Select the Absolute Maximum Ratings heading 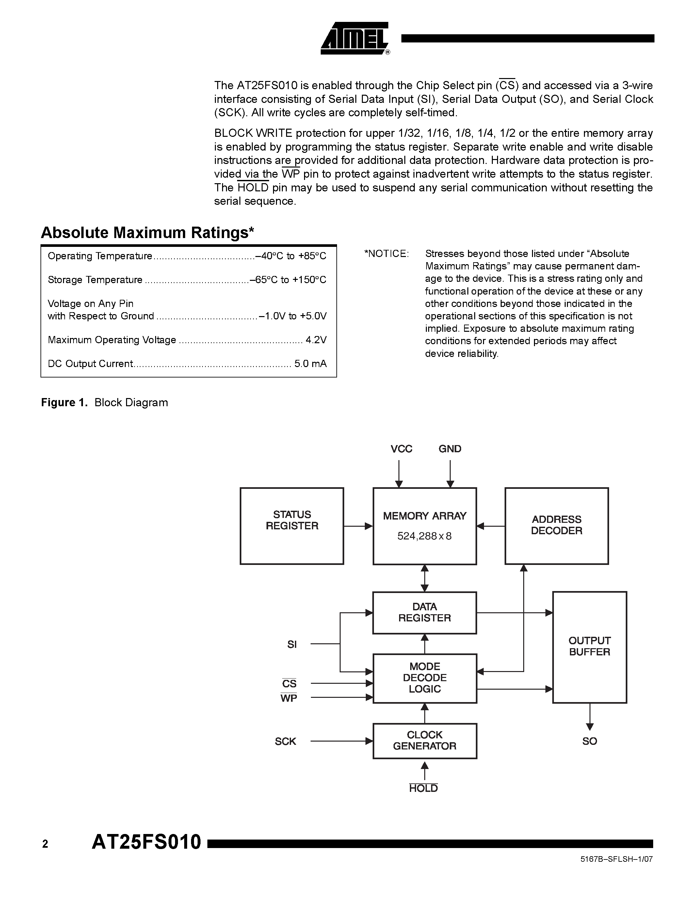point(147,233)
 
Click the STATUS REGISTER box point(292,525)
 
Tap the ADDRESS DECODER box point(556,525)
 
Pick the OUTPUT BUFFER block point(589,647)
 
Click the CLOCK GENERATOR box point(424,741)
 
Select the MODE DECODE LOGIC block point(424,678)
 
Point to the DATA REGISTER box point(424,612)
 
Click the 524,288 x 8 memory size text point(424,536)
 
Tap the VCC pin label point(401,449)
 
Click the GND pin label point(450,449)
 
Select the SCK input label point(285,741)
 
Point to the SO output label point(589,741)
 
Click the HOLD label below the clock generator point(424,788)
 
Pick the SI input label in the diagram point(292,644)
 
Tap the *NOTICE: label point(386,254)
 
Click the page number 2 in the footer point(45,844)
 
